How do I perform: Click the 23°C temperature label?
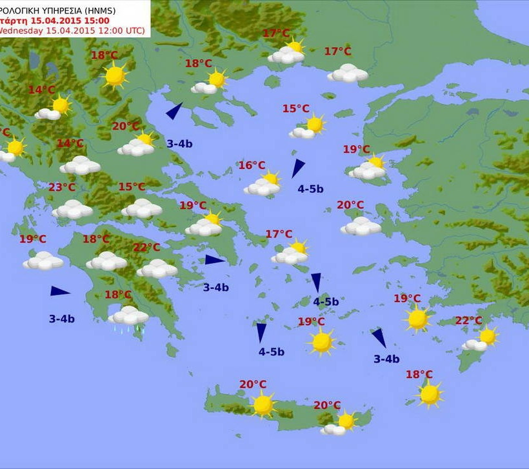pyautogui.click(x=62, y=188)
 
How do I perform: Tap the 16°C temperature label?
pyautogui.click(x=252, y=166)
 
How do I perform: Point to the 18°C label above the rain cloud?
pyautogui.click(x=118, y=295)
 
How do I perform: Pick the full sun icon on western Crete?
pyautogui.click(x=263, y=405)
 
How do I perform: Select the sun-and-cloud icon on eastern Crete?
pyautogui.click(x=341, y=424)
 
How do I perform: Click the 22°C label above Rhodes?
pyautogui.click(x=469, y=321)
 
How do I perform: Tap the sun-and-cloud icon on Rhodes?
pyautogui.click(x=481, y=339)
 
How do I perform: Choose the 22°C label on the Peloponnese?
pyautogui.click(x=146, y=247)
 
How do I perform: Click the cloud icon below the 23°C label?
pyautogui.click(x=72, y=209)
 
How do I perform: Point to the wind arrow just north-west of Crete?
pyautogui.click(x=261, y=332)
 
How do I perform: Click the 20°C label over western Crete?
pyautogui.click(x=253, y=384)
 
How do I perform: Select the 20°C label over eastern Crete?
pyautogui.click(x=327, y=405)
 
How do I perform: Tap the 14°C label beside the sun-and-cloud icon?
pyautogui.click(x=42, y=90)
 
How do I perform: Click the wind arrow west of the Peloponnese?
pyautogui.click(x=59, y=292)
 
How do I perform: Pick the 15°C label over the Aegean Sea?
pyautogui.click(x=295, y=108)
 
